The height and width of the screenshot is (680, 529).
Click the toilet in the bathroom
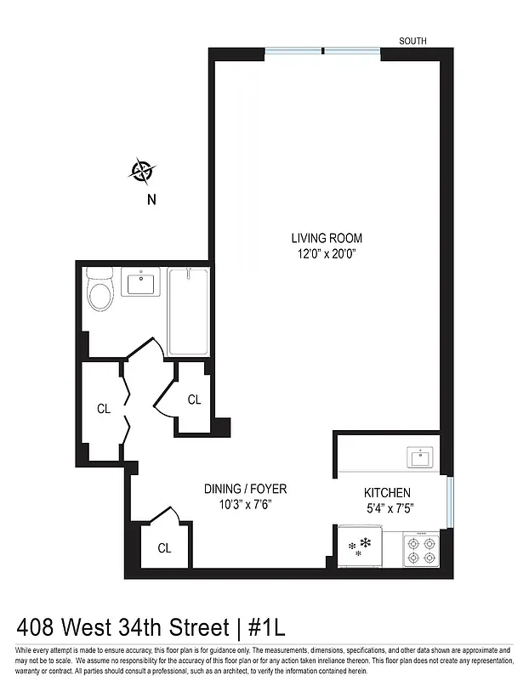click(x=100, y=292)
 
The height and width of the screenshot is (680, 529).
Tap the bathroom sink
click(x=139, y=281)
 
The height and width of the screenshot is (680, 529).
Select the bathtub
click(x=186, y=311)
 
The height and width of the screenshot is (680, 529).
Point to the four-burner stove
click(x=420, y=548)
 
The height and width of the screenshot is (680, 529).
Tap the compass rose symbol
click(x=141, y=172)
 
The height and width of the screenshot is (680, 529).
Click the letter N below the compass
click(x=152, y=201)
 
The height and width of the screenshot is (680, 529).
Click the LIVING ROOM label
click(x=327, y=238)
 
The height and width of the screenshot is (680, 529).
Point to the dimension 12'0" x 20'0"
click(x=327, y=252)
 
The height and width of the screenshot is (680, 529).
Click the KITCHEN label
click(x=388, y=493)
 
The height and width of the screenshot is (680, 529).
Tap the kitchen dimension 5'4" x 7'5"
click(x=388, y=508)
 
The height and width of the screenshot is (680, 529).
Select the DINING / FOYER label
click(x=245, y=489)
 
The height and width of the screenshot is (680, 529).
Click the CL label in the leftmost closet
click(x=104, y=409)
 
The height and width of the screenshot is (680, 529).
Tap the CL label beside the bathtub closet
click(x=194, y=399)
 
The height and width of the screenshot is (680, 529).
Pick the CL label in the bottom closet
click(x=164, y=548)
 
